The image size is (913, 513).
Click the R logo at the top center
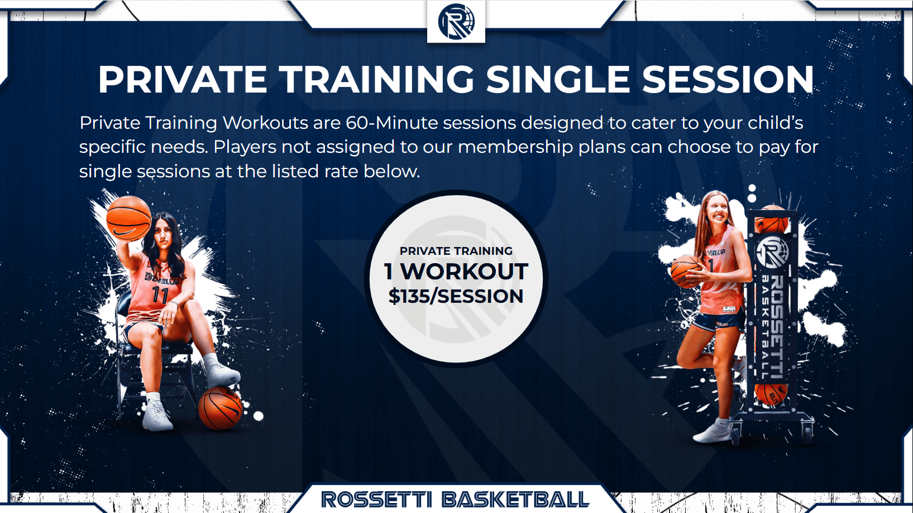[456, 22]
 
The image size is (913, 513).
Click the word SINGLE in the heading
[558, 79]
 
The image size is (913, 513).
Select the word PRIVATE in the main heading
[183, 79]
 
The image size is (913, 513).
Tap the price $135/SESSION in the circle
[456, 296]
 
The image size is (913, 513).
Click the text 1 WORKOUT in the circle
[456, 271]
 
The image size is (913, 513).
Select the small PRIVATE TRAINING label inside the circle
[456, 251]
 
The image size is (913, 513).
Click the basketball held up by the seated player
[128, 219]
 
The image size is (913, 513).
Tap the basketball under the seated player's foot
[220, 408]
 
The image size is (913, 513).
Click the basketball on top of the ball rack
[772, 220]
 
